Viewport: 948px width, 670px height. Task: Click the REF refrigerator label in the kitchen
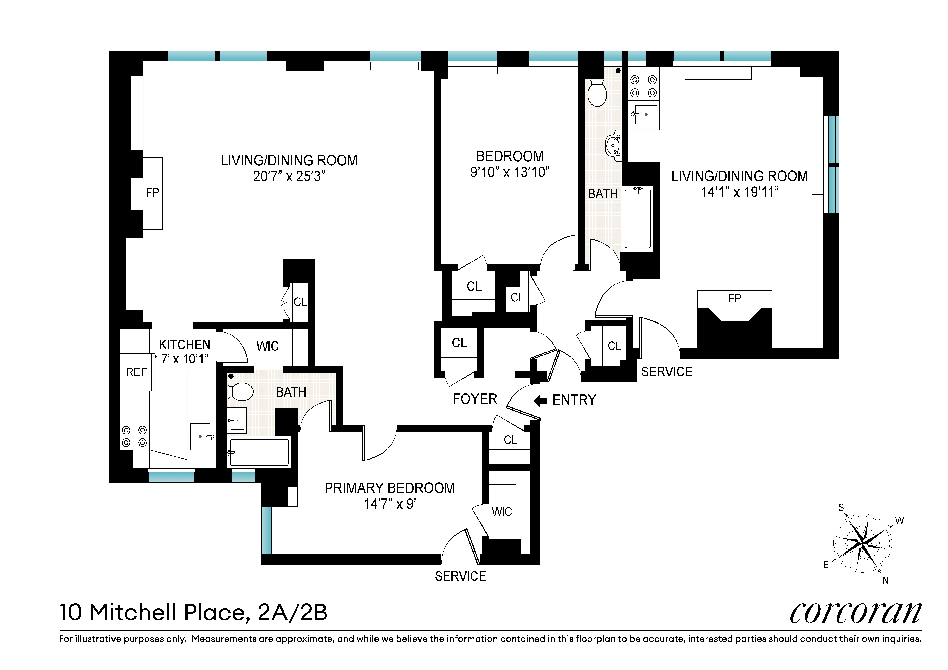tap(136, 372)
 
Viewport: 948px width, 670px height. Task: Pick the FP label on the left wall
tap(152, 193)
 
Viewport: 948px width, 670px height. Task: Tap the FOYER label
tap(475, 399)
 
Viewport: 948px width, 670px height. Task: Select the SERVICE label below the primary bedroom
tap(460, 576)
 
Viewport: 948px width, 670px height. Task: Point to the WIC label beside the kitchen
tap(268, 346)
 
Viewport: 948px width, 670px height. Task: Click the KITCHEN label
tap(185, 345)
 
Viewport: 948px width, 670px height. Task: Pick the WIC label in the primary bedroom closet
tap(502, 512)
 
